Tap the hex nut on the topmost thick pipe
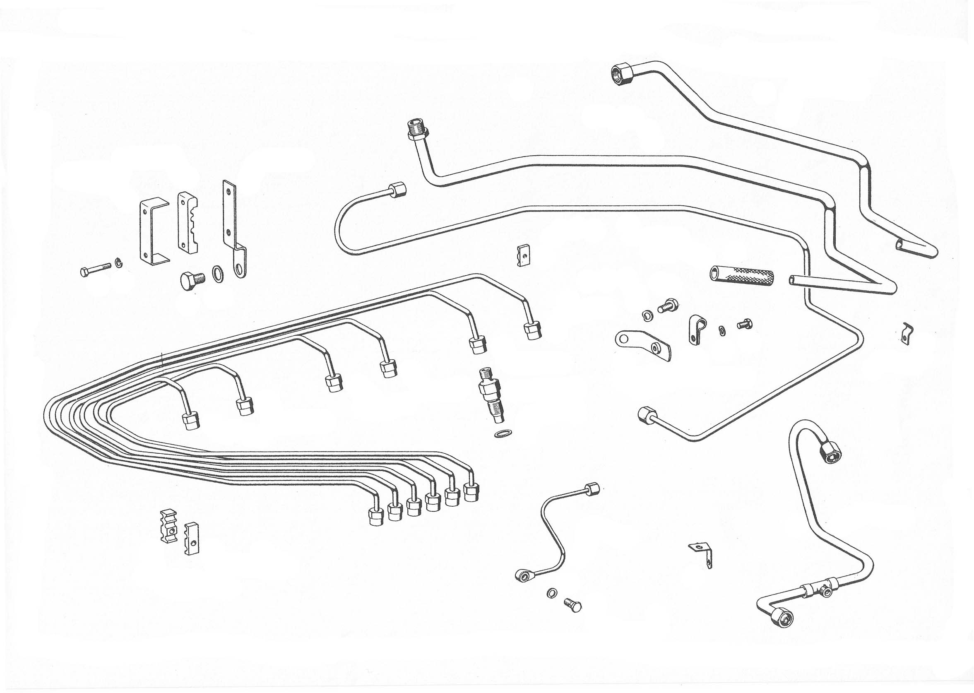coord(623,73)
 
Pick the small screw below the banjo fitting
coord(572,605)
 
